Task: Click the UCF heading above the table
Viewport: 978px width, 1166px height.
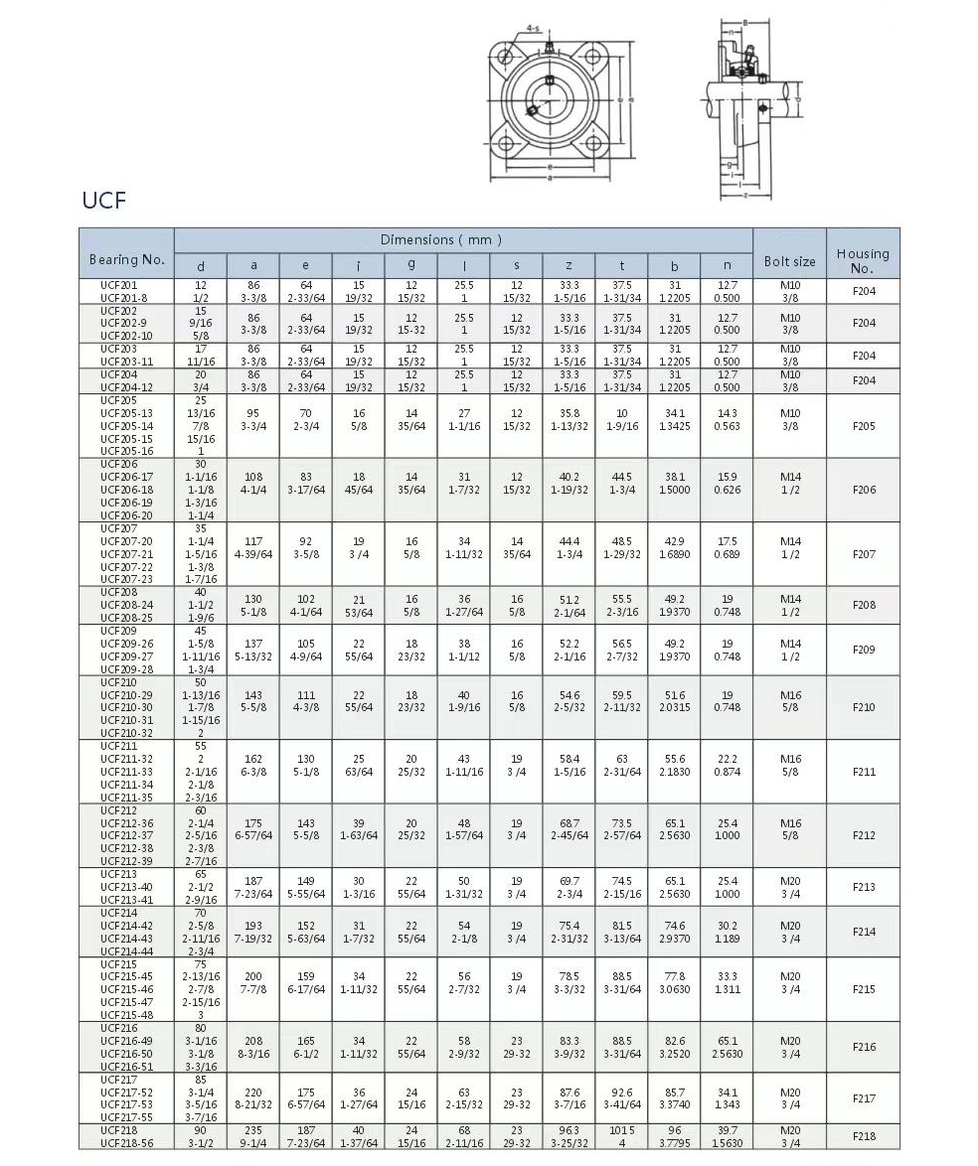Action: click(104, 200)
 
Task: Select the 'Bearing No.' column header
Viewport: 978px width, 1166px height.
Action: click(126, 259)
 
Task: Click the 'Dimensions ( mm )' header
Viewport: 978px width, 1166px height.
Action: click(440, 239)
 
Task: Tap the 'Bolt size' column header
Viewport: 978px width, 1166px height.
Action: click(789, 261)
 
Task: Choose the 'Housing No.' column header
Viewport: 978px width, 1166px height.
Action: click(862, 260)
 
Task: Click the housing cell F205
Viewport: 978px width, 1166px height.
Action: click(864, 426)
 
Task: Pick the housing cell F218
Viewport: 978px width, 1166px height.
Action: click(864, 1136)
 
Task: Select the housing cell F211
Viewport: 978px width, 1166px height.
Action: click(864, 771)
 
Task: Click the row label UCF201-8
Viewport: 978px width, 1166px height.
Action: click(123, 297)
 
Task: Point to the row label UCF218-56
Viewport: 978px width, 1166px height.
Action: click(125, 1143)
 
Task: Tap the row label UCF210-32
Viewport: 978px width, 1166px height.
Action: click(126, 733)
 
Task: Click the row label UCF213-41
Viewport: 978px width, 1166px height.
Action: click(126, 899)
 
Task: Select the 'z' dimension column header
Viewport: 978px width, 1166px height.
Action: click(569, 265)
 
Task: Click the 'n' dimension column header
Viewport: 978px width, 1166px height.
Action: click(727, 265)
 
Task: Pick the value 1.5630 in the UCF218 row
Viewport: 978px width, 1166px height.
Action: click(727, 1143)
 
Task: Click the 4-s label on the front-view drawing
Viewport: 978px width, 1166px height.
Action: click(533, 29)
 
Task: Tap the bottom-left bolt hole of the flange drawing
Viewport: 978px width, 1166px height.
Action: click(507, 145)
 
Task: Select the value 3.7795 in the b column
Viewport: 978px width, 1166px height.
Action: click(674, 1143)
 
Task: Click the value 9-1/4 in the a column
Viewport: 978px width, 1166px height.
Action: click(252, 1143)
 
